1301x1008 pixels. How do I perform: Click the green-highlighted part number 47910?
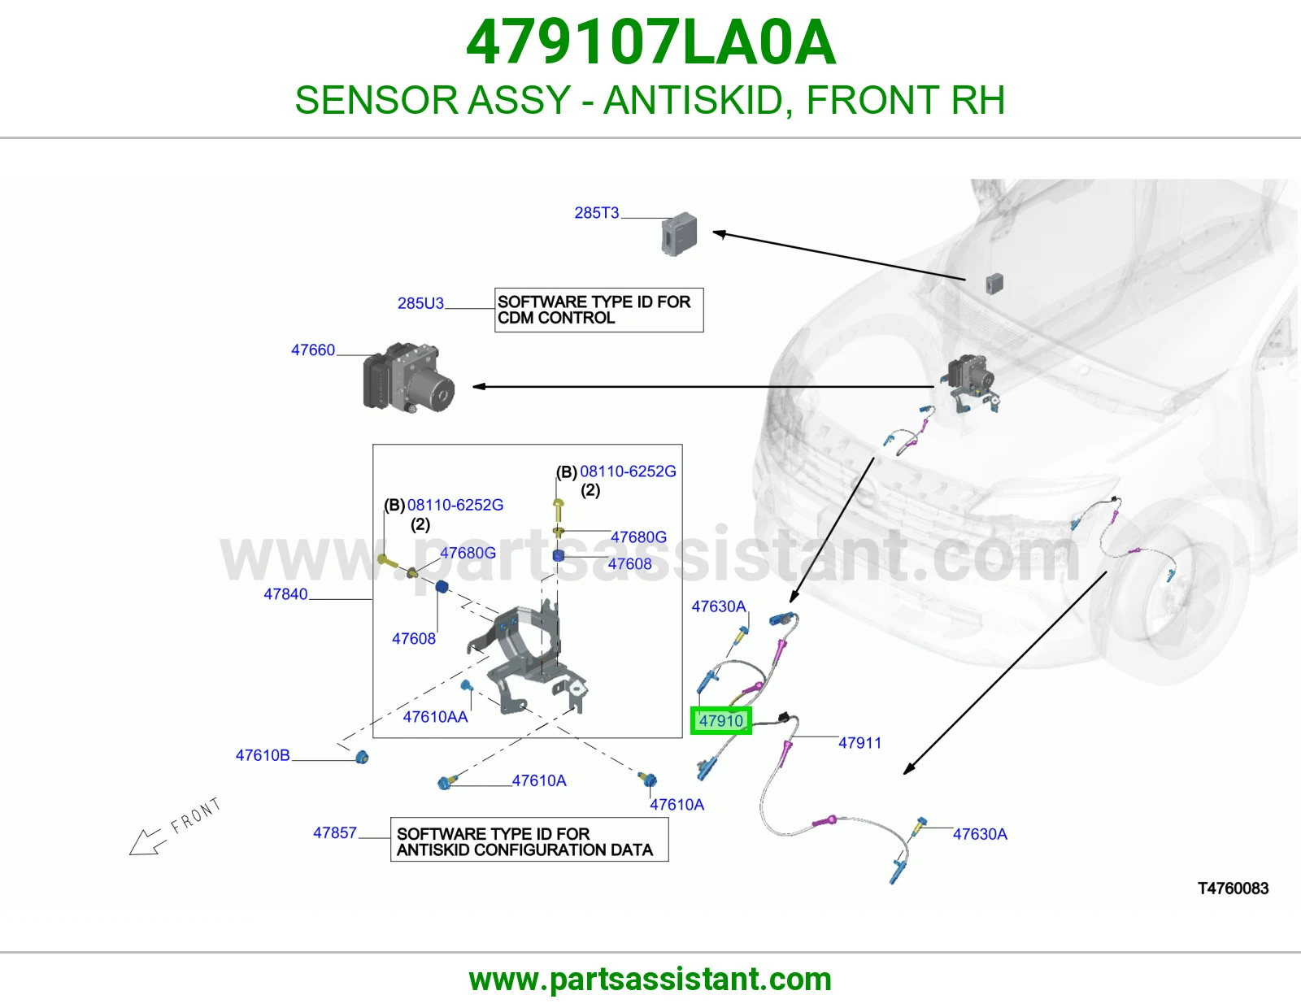[721, 720]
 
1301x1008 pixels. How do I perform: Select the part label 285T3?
[596, 212]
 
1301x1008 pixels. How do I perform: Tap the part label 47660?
[312, 350]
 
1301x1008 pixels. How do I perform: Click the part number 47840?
[285, 593]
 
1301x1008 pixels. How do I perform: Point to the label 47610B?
[263, 755]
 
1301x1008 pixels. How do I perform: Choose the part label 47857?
[335, 832]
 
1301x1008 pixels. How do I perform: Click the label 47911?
[859, 743]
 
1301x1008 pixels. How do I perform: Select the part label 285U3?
[421, 303]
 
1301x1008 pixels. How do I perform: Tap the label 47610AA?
[435, 716]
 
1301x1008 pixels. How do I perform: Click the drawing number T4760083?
[1233, 889]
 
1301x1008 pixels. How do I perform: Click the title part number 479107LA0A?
[650, 42]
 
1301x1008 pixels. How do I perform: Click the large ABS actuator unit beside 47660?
[409, 378]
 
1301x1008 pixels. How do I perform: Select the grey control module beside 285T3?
[679, 233]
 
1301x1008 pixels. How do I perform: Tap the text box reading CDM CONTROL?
[598, 310]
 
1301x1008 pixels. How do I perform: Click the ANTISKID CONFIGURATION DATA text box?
[529, 839]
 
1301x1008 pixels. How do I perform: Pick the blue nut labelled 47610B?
[362, 757]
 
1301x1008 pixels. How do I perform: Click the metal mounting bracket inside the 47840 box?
[527, 658]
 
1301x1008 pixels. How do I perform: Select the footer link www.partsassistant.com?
[650, 980]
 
